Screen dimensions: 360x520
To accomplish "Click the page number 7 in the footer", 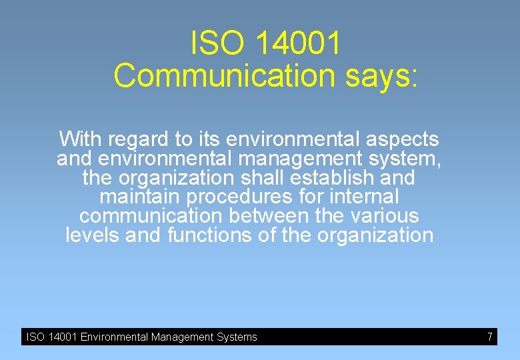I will [x=489, y=337].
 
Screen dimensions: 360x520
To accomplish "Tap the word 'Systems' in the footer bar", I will [x=237, y=337].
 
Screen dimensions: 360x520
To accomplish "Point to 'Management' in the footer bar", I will [x=183, y=337].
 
